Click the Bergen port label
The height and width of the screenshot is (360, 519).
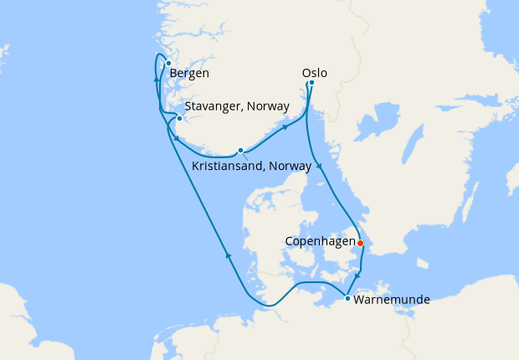[189, 74]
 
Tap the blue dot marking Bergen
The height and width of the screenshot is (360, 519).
[168, 63]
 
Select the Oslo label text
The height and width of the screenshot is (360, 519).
[313, 73]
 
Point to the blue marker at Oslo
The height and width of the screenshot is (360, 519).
[311, 83]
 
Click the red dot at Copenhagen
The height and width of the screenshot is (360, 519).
[360, 244]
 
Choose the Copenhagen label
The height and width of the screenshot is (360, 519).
[321, 241]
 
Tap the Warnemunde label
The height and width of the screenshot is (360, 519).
[392, 299]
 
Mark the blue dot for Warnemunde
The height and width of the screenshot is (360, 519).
[348, 298]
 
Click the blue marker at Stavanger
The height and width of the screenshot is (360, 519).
[179, 119]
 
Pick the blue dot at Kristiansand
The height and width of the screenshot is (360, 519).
[240, 151]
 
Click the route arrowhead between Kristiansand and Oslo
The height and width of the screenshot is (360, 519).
[286, 128]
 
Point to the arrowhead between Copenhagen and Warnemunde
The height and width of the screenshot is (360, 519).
[357, 277]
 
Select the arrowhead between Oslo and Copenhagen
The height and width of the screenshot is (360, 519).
[320, 168]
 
